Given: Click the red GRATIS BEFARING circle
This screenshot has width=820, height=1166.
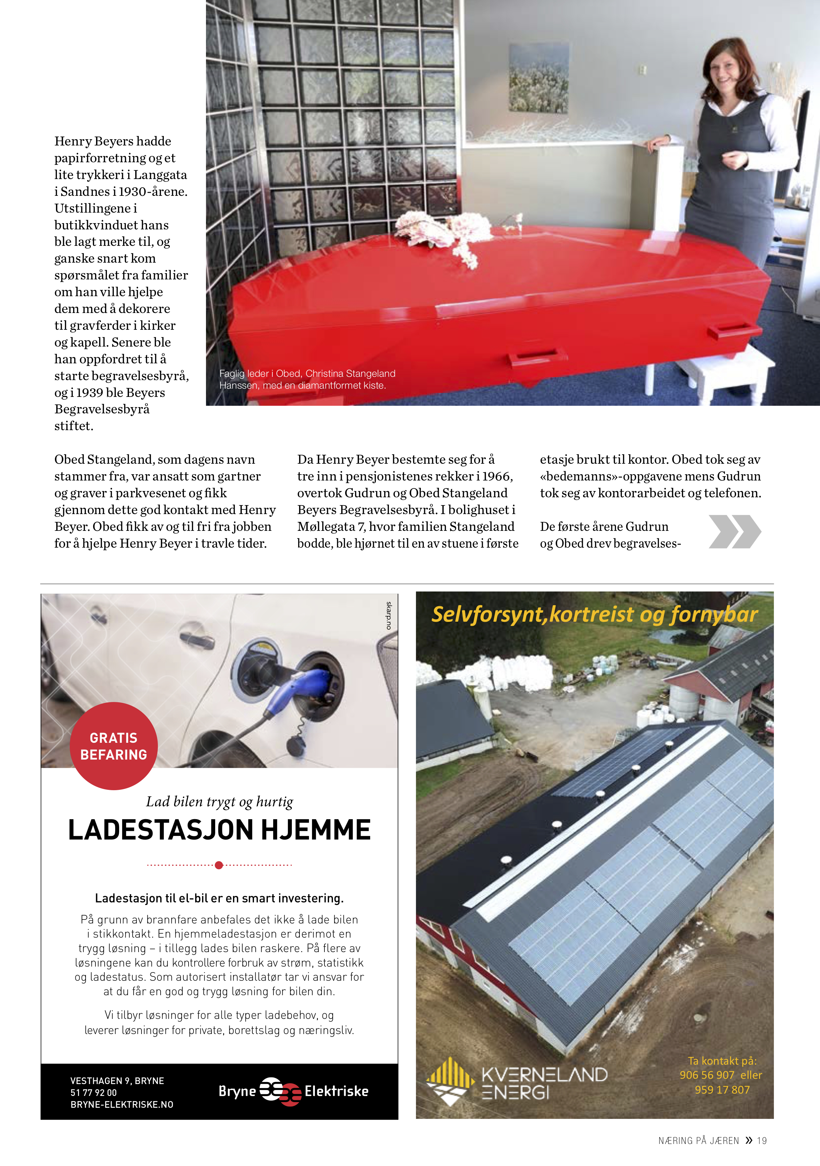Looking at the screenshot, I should pos(114,745).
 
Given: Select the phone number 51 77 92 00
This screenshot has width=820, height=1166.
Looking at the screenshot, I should pos(93,1092).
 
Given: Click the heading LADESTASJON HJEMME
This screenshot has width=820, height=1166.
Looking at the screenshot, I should pos(219,830).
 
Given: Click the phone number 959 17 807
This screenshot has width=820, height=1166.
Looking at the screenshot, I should pos(722,1090).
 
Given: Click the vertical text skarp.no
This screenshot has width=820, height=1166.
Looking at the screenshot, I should pos(389,615).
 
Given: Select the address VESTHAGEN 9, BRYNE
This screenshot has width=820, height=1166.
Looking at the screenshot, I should pos(117,1081).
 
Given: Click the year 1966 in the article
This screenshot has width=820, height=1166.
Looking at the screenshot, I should pos(497,476).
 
